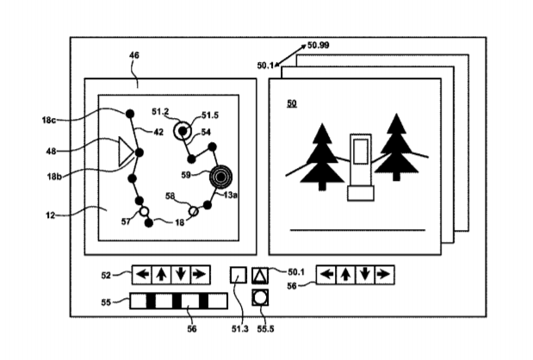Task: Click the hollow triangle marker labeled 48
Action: click(x=125, y=152)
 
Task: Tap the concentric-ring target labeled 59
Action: click(x=220, y=177)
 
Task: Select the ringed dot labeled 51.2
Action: click(x=183, y=131)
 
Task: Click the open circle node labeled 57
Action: click(x=144, y=212)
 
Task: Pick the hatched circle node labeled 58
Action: click(x=194, y=212)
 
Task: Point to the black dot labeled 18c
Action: click(x=129, y=114)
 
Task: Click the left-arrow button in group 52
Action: click(x=142, y=275)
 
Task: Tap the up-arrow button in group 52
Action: click(x=162, y=275)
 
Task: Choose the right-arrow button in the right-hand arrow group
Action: click(x=385, y=275)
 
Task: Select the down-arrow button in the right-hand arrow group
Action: click(x=365, y=275)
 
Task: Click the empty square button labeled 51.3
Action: click(x=239, y=275)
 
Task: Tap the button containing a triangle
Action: click(x=260, y=276)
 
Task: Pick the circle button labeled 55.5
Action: click(x=260, y=298)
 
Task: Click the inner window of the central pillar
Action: click(x=361, y=152)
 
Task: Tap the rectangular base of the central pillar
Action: click(x=361, y=193)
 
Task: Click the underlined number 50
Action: click(x=292, y=103)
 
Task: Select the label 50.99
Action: click(x=319, y=45)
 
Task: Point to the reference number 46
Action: click(x=134, y=55)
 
